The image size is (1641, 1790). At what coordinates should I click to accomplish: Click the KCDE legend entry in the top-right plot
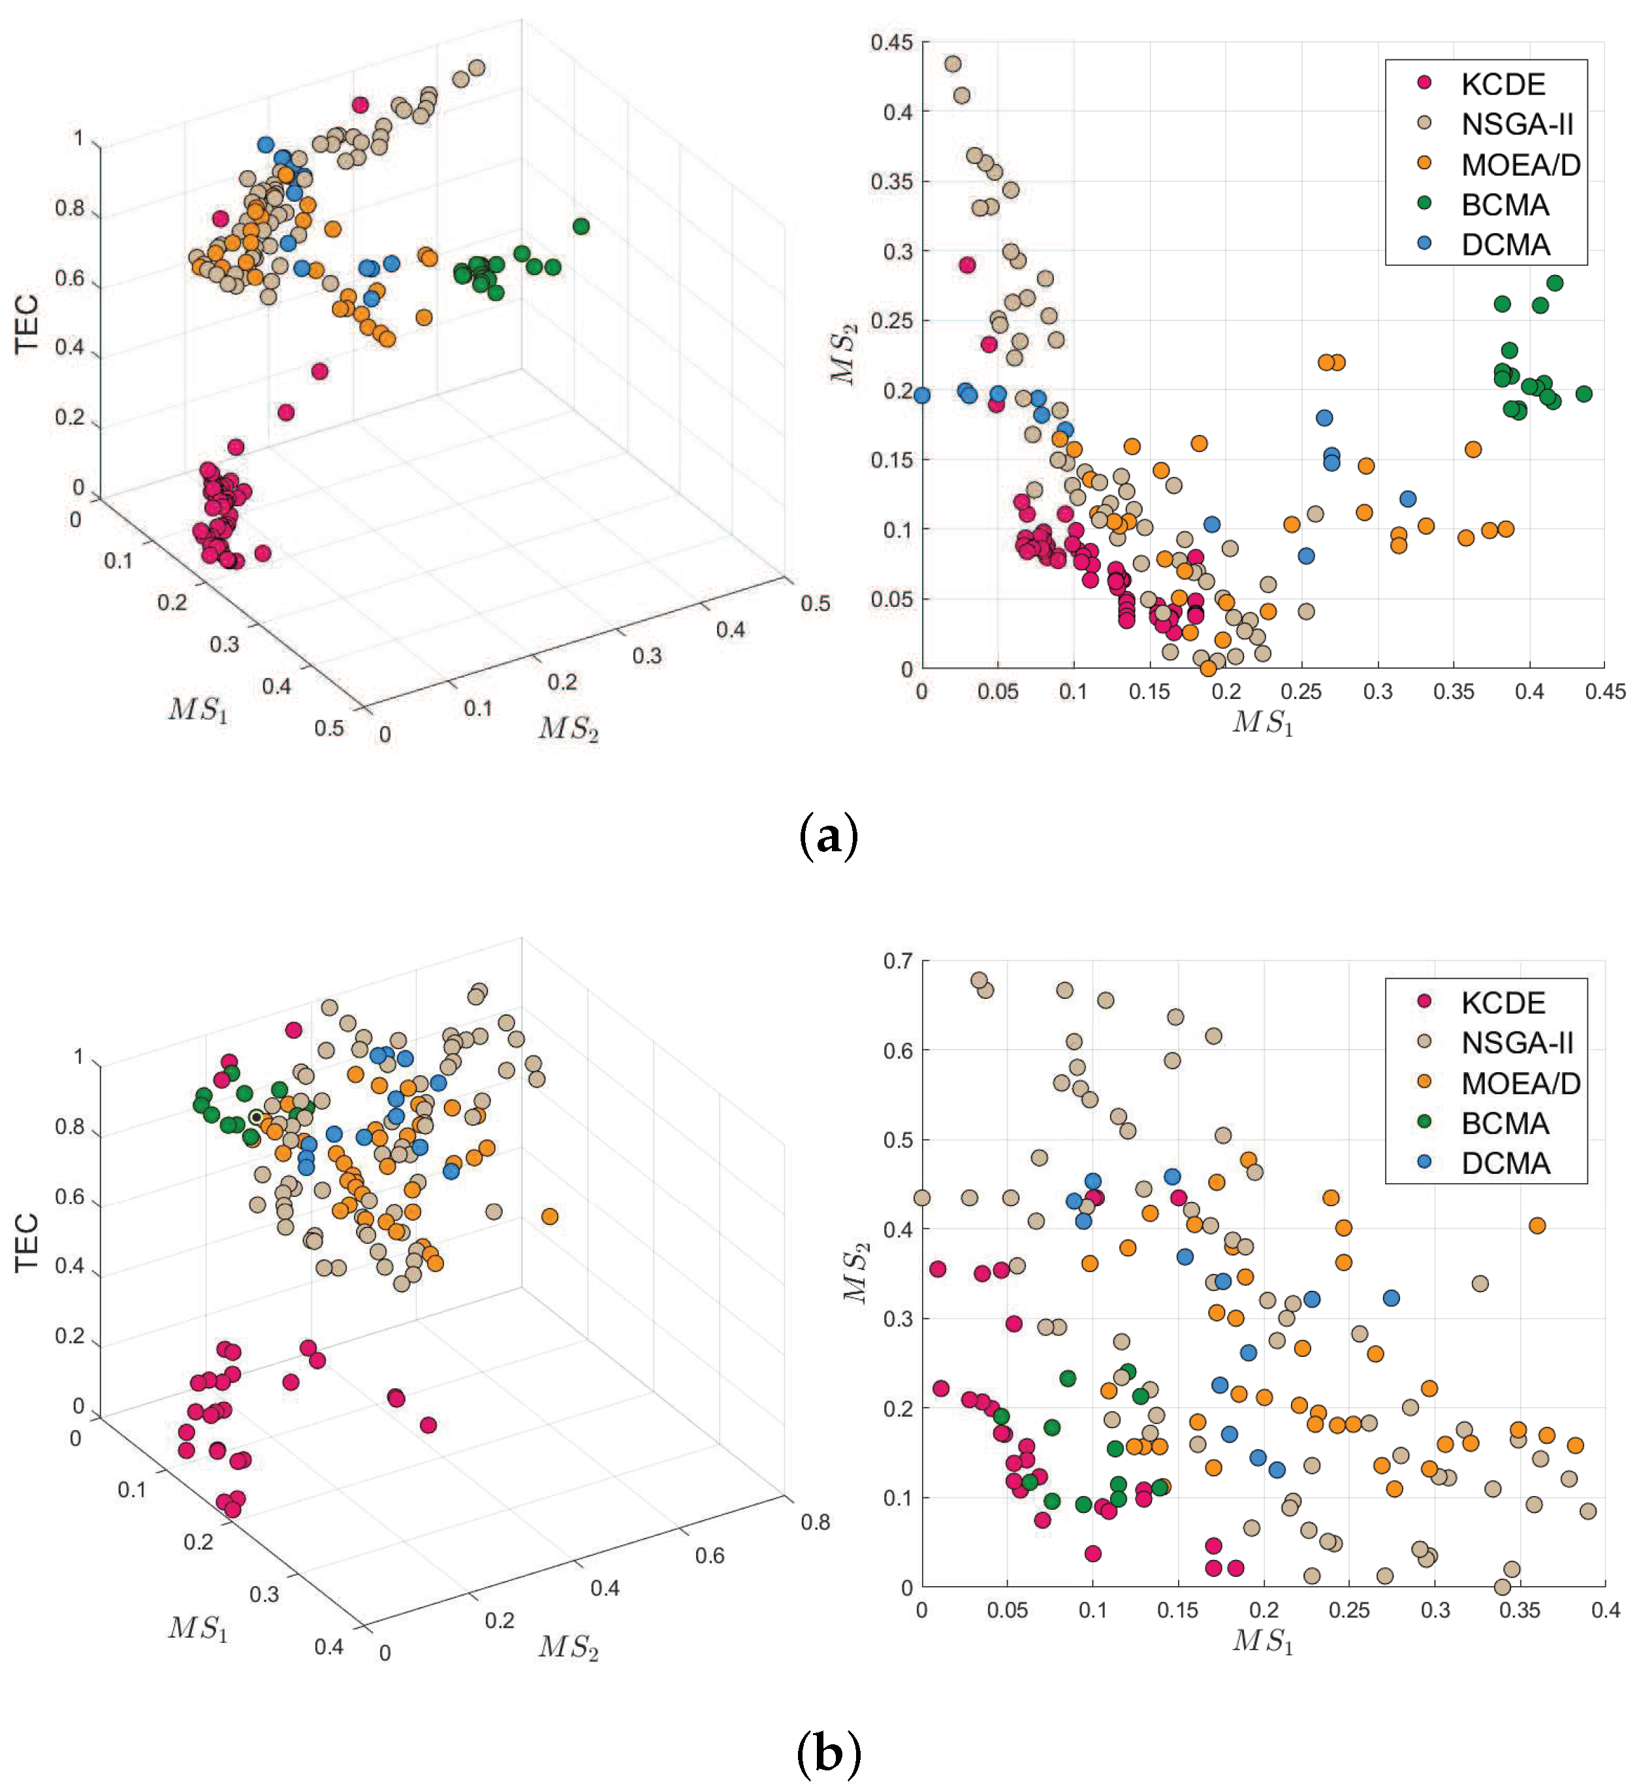tap(1503, 84)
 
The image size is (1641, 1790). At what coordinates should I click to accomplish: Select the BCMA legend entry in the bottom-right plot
tap(1505, 1124)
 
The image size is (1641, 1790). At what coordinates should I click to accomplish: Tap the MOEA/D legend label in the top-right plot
tap(1520, 165)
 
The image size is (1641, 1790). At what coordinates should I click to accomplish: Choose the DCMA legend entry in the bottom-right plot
tap(1505, 1163)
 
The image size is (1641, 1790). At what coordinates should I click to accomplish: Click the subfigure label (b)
tap(827, 1755)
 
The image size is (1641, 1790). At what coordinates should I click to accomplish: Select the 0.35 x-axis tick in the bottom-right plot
tap(1520, 1610)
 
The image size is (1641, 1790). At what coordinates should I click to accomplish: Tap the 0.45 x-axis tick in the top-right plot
tap(1604, 692)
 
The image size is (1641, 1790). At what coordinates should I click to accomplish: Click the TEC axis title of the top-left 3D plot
tap(27, 324)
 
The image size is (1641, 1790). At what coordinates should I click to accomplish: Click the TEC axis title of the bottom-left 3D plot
tap(27, 1242)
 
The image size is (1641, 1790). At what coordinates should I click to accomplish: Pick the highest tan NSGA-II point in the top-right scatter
tap(953, 64)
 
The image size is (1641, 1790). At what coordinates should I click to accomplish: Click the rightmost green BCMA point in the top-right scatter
tap(1584, 393)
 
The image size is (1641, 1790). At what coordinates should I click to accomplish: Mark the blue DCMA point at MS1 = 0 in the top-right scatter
tap(922, 395)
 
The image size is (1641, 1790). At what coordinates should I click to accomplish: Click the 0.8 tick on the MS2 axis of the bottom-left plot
tap(814, 1521)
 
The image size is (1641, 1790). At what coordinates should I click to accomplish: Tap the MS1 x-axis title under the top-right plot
tap(1263, 723)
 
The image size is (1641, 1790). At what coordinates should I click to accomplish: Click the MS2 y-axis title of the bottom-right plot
tap(856, 1274)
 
